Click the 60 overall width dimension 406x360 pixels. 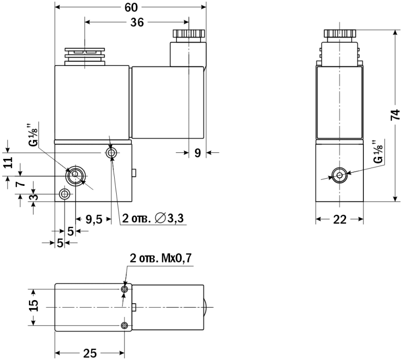click(x=131, y=8)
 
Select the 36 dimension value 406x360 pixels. click(x=137, y=22)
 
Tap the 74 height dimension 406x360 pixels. click(x=395, y=115)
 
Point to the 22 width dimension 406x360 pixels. click(x=340, y=220)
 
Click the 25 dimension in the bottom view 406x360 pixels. click(x=90, y=353)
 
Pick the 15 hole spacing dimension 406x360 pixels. click(x=33, y=306)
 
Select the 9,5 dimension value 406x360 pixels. click(x=94, y=220)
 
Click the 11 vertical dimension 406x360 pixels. click(x=9, y=162)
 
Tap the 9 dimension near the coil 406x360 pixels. click(x=197, y=153)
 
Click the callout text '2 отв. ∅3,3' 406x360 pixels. click(x=153, y=218)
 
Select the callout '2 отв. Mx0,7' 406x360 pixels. click(x=160, y=258)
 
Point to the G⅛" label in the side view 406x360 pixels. click(x=378, y=152)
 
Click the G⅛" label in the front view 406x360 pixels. click(x=33, y=136)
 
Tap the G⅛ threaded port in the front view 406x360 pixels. click(x=75, y=174)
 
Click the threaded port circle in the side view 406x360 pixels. click(x=340, y=175)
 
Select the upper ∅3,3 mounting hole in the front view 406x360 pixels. click(x=111, y=153)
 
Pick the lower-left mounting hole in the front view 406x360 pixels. click(x=64, y=194)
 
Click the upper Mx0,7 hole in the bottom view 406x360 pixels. click(x=124, y=289)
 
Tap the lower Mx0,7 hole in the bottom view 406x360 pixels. click(x=124, y=325)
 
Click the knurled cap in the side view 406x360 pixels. click(x=340, y=34)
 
